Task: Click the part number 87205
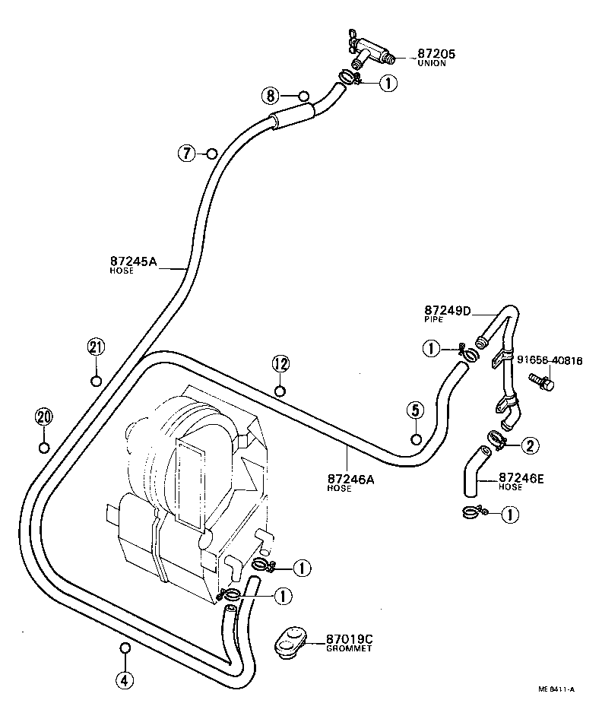436,54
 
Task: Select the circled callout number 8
271,96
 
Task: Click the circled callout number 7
187,153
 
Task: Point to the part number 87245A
133,261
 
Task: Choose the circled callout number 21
95,348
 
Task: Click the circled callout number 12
280,363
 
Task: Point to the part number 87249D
448,311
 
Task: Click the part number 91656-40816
550,360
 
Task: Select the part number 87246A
350,479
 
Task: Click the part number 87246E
521,478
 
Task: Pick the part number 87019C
349,640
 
